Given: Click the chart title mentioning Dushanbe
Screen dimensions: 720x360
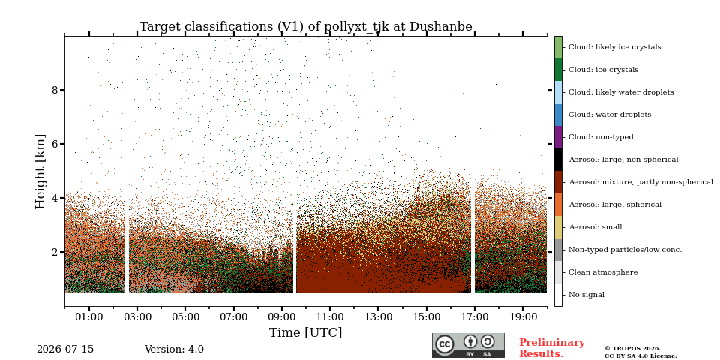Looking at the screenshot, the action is pyautogui.click(x=306, y=27).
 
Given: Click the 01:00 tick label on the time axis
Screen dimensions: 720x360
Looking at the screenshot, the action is pyautogui.click(x=89, y=317).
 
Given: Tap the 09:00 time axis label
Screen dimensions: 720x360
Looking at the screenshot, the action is pyautogui.click(x=281, y=317).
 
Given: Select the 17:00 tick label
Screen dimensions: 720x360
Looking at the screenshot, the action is pyautogui.click(x=474, y=317).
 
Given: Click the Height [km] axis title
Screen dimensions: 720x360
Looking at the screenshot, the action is pyautogui.click(x=40, y=172).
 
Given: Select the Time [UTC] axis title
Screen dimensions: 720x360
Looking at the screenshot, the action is pyautogui.click(x=306, y=332).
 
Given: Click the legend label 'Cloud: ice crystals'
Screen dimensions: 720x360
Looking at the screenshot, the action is pyautogui.click(x=603, y=70).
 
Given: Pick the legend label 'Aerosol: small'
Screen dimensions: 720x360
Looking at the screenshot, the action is pyautogui.click(x=595, y=227).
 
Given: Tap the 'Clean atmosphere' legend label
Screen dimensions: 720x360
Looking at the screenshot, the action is pyautogui.click(x=603, y=272).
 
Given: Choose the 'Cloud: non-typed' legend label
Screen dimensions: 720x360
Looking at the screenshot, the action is pyautogui.click(x=601, y=137).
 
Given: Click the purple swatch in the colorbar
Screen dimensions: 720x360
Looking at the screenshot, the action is pyautogui.click(x=558, y=137).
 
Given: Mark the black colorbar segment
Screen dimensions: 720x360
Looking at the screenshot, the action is pyautogui.click(x=558, y=160).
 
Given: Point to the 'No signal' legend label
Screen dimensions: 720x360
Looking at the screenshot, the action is pyautogui.click(x=586, y=295).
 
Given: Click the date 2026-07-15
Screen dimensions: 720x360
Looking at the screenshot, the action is pyautogui.click(x=65, y=349).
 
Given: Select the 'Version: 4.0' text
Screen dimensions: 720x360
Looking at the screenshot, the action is pyautogui.click(x=174, y=349).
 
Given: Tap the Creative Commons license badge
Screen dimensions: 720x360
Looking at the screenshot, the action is pyautogui.click(x=468, y=345).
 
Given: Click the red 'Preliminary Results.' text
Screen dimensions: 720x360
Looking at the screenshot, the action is pyautogui.click(x=552, y=348).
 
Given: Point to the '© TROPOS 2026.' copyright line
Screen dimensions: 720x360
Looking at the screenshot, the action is pyautogui.click(x=632, y=349).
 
